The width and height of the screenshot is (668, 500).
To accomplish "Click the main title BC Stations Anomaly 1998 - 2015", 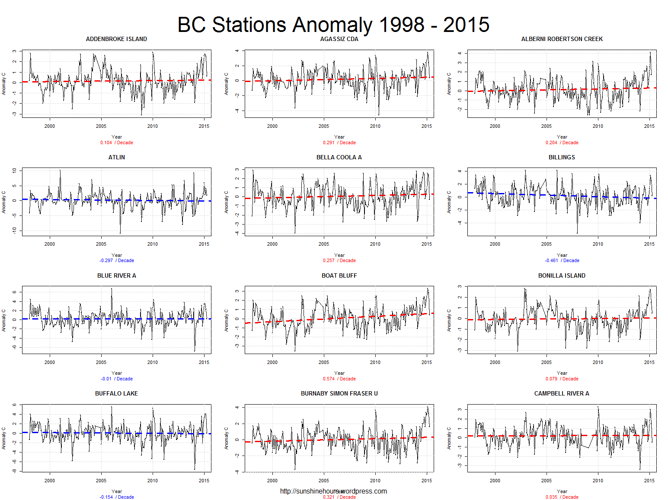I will point(333,25).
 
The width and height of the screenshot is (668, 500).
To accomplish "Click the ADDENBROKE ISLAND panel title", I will point(116,39).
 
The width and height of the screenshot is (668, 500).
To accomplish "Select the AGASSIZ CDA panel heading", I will point(339,39).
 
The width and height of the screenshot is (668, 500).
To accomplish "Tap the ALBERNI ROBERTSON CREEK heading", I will point(562,39).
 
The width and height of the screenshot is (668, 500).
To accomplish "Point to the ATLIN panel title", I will point(116,157).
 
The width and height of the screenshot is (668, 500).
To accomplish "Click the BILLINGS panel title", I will point(562,157).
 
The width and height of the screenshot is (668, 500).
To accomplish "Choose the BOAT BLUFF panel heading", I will point(339,275).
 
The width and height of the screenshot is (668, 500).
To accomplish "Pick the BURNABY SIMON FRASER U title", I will point(339,393).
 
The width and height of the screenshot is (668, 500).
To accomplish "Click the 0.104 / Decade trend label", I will point(117,142).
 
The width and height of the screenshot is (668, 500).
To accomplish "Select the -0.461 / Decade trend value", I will point(562,260).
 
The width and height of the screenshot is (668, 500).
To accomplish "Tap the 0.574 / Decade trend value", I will point(339,379).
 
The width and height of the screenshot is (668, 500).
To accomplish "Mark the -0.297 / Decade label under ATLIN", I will point(117,260).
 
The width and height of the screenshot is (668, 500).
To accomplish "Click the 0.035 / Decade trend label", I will point(562,497).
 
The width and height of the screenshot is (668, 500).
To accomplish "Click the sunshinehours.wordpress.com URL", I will point(333,491).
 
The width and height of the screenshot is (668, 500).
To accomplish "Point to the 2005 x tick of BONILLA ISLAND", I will point(547,362).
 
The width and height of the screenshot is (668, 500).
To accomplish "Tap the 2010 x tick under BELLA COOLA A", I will point(375,244).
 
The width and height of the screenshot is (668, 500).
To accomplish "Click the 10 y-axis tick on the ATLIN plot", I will point(14,171).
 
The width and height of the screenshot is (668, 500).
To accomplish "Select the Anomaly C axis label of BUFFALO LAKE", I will point(4,438).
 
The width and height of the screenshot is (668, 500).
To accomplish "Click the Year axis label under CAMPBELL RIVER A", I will point(562,491).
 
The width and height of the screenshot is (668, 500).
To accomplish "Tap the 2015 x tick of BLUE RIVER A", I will point(204,362).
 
